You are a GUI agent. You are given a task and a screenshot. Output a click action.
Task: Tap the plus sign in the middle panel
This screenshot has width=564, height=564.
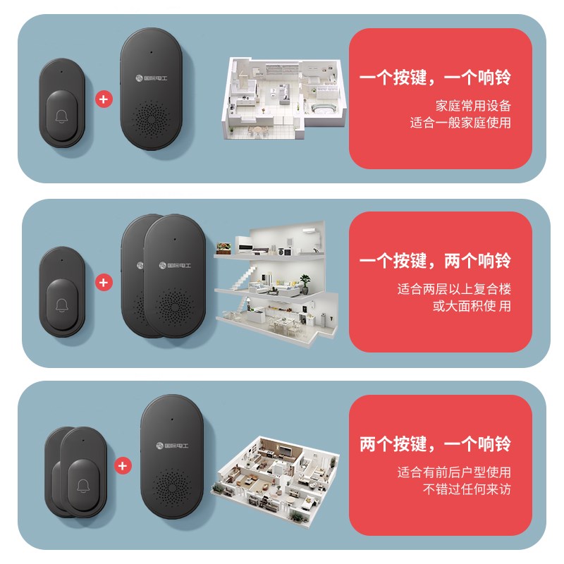click(x=104, y=282)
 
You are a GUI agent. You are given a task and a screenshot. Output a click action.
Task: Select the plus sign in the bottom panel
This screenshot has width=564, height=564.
click(x=123, y=465)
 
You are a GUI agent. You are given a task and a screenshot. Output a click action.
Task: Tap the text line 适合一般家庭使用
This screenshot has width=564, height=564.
click(x=460, y=123)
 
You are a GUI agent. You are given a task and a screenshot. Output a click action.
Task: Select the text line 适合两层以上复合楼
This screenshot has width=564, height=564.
click(x=454, y=289)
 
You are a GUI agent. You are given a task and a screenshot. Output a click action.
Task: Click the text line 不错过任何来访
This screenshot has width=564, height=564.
click(x=467, y=489)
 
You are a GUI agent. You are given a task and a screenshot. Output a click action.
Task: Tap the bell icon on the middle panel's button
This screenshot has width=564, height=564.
click(x=62, y=305)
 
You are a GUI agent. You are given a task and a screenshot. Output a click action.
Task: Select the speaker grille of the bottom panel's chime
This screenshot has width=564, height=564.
click(x=172, y=486)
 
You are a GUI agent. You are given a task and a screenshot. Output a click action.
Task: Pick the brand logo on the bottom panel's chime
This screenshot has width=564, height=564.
click(x=172, y=445)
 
